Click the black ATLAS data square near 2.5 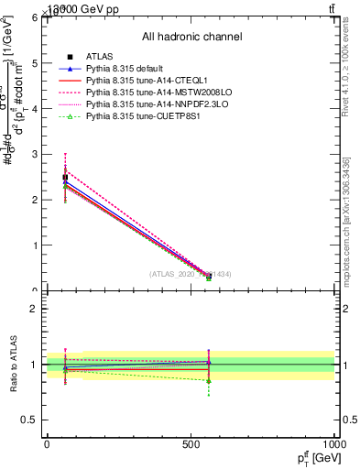pos(65,177)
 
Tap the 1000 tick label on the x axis pos(333,443)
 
